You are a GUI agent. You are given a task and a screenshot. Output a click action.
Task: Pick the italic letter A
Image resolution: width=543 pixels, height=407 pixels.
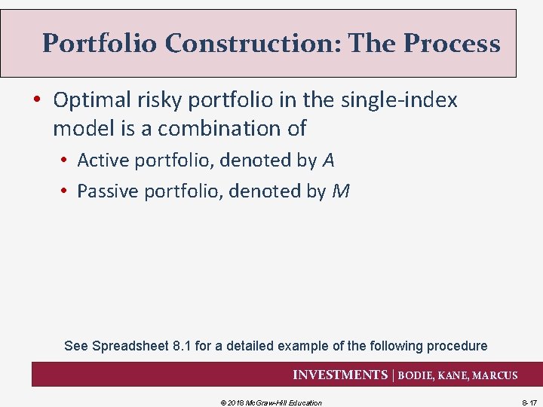pos(328,160)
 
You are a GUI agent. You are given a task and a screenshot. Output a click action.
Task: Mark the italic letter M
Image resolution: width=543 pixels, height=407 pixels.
pos(340,191)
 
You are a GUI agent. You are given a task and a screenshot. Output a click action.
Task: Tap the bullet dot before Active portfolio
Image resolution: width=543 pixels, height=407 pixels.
pos(66,161)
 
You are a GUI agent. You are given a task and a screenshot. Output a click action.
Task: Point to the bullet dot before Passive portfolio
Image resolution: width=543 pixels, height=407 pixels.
pos(66,192)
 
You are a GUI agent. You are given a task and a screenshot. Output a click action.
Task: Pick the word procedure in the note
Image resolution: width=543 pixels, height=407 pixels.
pos(457,346)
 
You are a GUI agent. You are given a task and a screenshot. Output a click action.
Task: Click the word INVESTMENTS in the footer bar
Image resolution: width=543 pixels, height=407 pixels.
pos(339,375)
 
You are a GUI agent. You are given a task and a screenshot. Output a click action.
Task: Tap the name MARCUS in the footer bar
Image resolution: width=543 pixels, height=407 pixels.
pos(495,375)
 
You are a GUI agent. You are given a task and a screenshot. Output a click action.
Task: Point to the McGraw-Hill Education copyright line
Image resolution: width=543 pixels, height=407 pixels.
pos(271,402)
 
